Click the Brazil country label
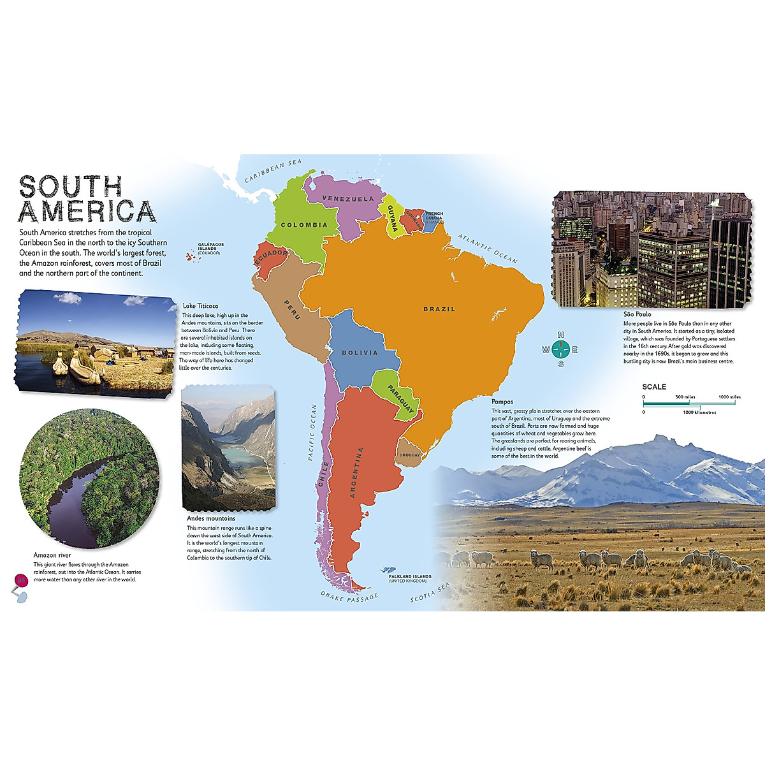click(x=439, y=309)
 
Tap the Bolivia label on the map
click(x=360, y=353)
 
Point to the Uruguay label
click(x=409, y=455)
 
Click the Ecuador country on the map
click(x=270, y=258)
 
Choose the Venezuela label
click(x=348, y=199)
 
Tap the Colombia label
click(x=304, y=225)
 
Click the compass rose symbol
click(x=560, y=349)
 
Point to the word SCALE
click(x=654, y=387)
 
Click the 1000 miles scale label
click(x=729, y=397)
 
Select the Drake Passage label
click(x=349, y=597)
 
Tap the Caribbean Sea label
click(x=274, y=171)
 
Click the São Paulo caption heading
click(x=637, y=314)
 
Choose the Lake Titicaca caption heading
click(x=200, y=306)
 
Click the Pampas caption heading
click(x=502, y=402)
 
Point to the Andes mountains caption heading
click(x=211, y=518)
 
